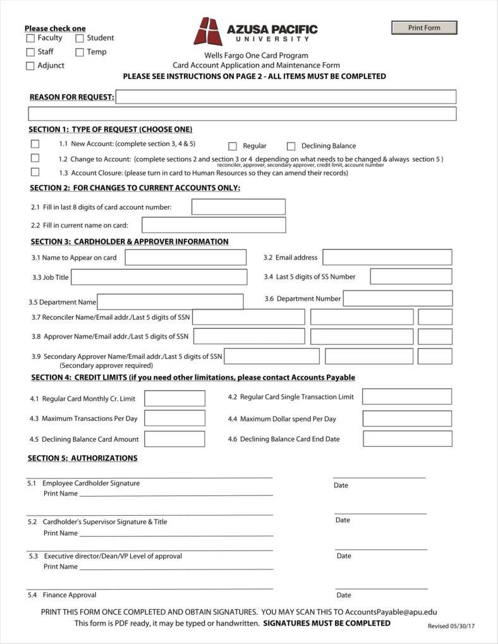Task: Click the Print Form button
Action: coord(424,28)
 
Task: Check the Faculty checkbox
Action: coord(30,38)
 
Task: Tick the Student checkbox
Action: coord(80,38)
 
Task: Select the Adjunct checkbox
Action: coord(30,66)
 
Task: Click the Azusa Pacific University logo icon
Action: coord(208,31)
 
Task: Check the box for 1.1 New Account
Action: coord(35,144)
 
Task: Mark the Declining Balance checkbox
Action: coord(291,146)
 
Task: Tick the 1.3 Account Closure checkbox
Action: coord(35,172)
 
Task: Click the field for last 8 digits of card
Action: coord(238,207)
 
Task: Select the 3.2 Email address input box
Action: coord(387,257)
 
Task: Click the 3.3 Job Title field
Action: coord(159,277)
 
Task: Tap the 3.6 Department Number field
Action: coord(398,298)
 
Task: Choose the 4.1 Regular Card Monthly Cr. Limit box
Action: coord(174,398)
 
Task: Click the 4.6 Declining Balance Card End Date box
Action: coord(407,439)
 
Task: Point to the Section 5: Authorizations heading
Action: coord(83,458)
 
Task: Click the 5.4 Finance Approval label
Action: coord(70,595)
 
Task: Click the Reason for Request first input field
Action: coord(286,97)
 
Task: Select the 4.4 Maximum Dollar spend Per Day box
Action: coord(407,418)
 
